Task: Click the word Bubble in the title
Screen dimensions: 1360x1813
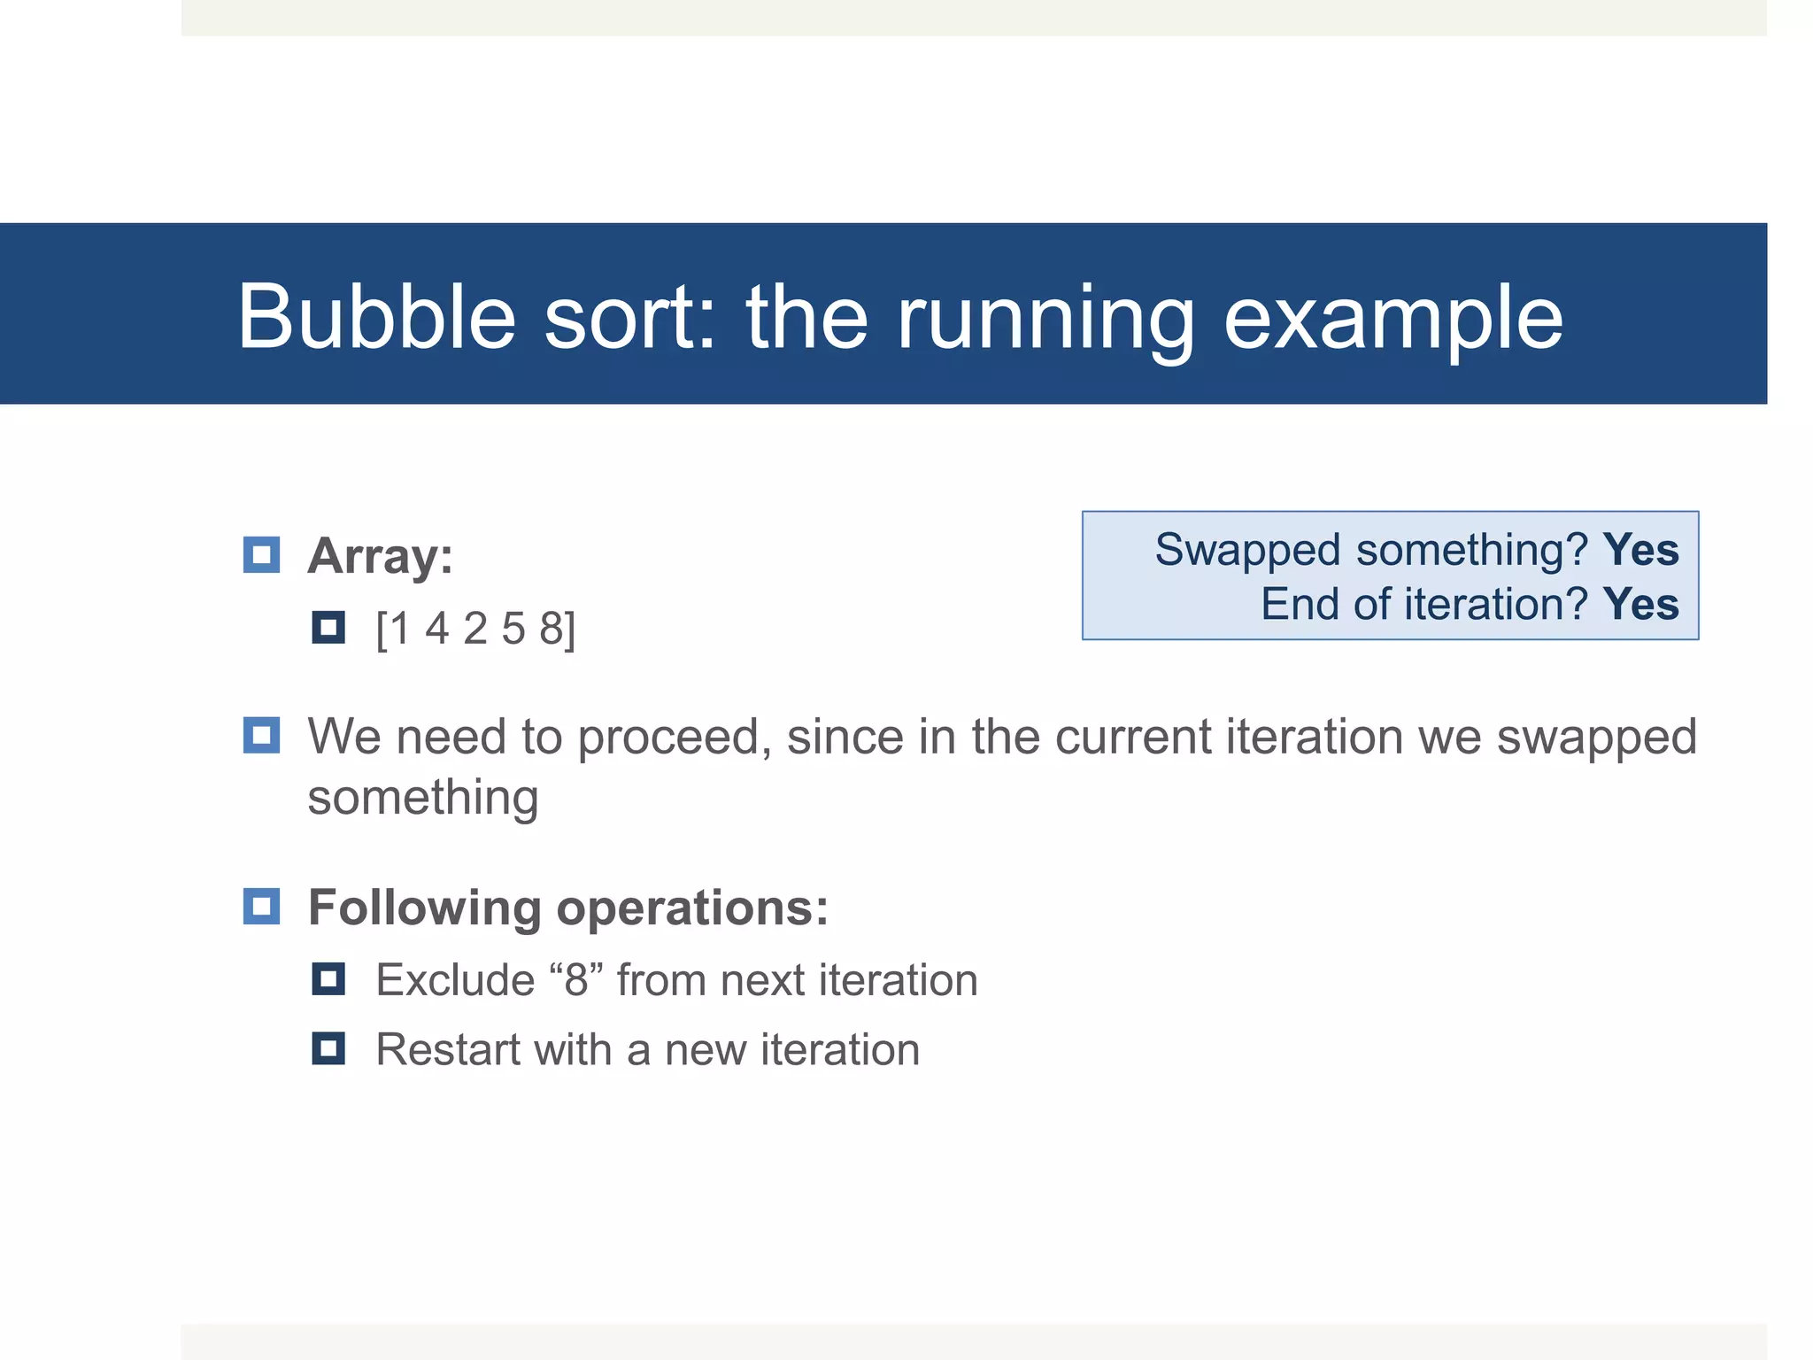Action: (x=376, y=317)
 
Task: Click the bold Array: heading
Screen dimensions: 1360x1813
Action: (x=380, y=557)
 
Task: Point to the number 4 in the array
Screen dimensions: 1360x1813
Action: (x=436, y=629)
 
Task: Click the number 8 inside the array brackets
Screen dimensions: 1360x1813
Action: (x=552, y=629)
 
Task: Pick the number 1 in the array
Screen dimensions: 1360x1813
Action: (x=399, y=629)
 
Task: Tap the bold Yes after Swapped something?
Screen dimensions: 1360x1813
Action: (x=1640, y=550)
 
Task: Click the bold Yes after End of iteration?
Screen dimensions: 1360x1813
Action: (x=1640, y=605)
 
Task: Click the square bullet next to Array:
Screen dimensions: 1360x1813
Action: (x=261, y=555)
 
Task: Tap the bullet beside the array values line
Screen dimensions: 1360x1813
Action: (x=328, y=628)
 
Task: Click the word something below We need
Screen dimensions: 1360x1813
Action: (x=422, y=797)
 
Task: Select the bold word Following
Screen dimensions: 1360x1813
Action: (x=424, y=908)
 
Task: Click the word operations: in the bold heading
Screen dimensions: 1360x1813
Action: (x=692, y=908)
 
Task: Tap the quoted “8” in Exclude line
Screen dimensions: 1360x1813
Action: (x=576, y=980)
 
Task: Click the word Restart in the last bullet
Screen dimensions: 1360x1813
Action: (x=448, y=1050)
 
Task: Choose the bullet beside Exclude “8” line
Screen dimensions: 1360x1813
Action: (x=328, y=979)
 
